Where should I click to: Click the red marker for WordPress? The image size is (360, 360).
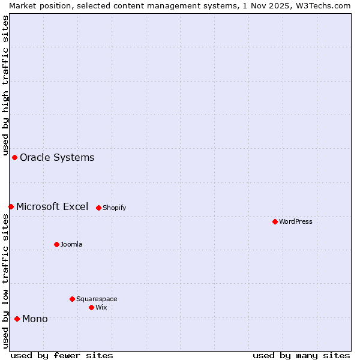click(x=275, y=221)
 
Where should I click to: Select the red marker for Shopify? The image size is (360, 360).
click(x=98, y=208)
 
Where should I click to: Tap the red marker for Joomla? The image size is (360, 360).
click(x=56, y=244)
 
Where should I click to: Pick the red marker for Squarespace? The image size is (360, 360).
click(x=72, y=299)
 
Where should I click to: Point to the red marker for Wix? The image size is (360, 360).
click(x=91, y=307)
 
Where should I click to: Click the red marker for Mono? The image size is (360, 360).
click(x=17, y=319)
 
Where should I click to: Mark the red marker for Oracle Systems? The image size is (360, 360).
click(x=14, y=157)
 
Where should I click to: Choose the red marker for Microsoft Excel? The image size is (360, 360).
click(x=11, y=206)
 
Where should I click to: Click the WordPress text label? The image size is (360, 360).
click(x=296, y=221)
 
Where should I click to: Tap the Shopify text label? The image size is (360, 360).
click(x=114, y=208)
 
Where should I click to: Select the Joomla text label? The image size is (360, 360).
click(x=71, y=244)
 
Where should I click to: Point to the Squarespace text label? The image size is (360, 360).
click(x=97, y=299)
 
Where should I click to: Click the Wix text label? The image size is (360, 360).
click(x=101, y=307)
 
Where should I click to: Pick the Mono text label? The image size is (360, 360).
click(x=35, y=319)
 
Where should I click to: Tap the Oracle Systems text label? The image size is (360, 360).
click(x=57, y=157)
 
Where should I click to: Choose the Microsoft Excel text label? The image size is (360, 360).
click(x=52, y=206)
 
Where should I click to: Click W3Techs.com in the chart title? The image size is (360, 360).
click(x=326, y=5)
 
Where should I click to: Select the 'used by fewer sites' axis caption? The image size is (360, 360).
click(x=62, y=355)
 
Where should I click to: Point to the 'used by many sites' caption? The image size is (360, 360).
click(x=301, y=355)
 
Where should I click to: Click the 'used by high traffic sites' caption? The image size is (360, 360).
click(x=5, y=84)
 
